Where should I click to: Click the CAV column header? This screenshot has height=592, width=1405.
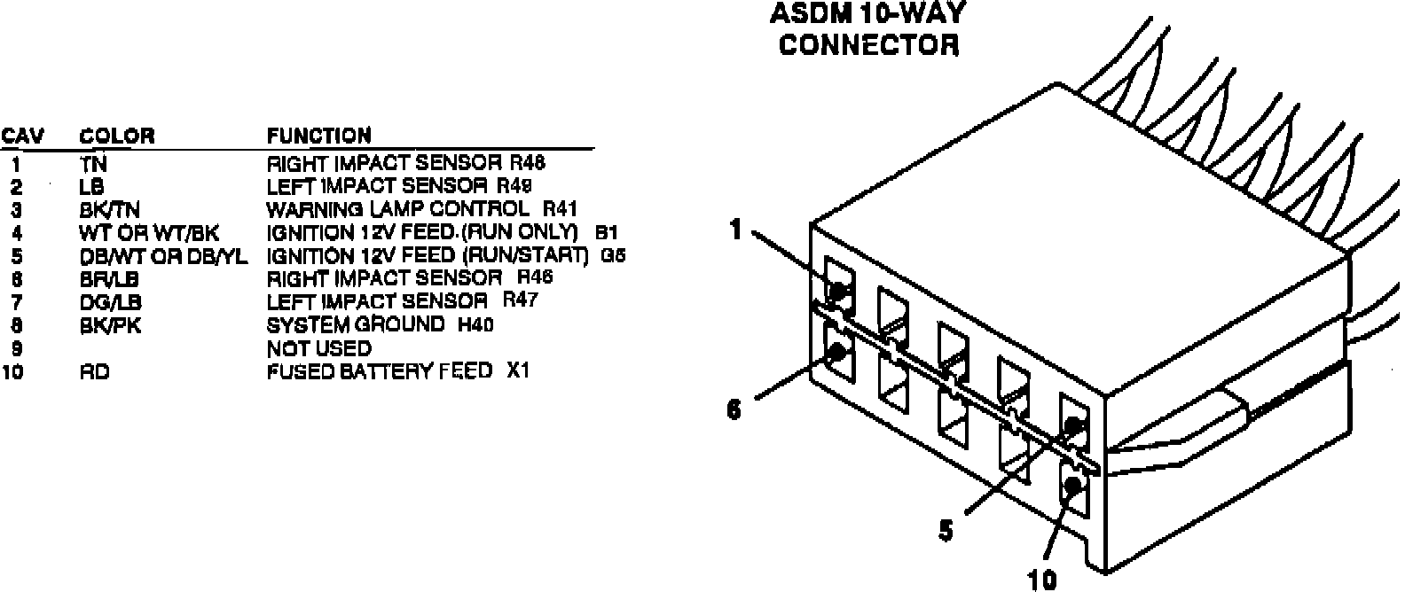coord(23,136)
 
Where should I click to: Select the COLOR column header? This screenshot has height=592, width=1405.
coord(117,136)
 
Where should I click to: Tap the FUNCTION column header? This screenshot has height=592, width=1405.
coord(319,136)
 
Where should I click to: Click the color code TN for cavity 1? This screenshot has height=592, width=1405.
coord(93,164)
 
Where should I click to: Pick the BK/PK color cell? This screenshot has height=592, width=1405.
coord(110,325)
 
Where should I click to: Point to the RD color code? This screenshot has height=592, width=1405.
coord(94,372)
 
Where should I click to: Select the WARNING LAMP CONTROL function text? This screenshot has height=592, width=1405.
coord(397,210)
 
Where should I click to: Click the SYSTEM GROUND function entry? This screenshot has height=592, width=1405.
coord(356,324)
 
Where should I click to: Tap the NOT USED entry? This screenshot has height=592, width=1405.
coord(319,348)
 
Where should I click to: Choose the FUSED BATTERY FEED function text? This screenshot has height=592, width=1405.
coord(380,371)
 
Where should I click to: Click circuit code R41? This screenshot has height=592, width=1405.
coord(560,209)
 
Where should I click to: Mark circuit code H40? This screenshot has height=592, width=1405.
coord(475,324)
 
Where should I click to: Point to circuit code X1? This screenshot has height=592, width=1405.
coord(518,370)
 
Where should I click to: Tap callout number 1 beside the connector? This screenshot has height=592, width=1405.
coord(735,230)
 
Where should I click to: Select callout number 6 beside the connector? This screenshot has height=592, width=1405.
coord(734,411)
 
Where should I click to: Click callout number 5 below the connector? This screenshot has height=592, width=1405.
coord(946,531)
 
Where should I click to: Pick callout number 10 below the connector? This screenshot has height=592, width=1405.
coord(1043,580)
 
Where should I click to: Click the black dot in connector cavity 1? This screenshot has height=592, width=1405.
coord(836,289)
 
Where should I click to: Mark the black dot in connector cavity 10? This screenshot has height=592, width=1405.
coord(1074,485)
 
